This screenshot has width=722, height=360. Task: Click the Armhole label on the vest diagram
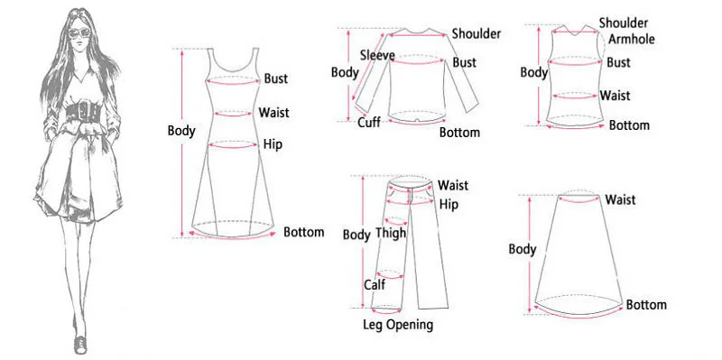coord(632,40)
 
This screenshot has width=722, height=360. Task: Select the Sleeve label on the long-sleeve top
coord(376,54)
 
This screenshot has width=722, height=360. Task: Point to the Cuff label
coord(368,123)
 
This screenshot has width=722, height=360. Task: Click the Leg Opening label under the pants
coord(398,324)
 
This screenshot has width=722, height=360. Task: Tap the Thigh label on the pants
coord(391,233)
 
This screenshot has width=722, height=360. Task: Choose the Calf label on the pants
coord(375,285)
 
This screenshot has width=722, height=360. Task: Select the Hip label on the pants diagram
coord(449,205)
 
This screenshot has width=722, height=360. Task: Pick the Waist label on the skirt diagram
coord(623,199)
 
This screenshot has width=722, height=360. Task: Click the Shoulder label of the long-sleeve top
coord(477,33)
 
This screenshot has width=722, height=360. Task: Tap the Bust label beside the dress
coord(276,78)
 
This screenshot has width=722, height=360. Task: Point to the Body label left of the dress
coord(181,131)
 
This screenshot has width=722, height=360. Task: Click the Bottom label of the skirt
coord(646,305)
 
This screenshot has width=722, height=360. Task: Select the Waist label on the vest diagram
coord(616,95)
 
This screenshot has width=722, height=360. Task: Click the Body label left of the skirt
coord(523,249)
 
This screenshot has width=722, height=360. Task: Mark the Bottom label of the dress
coord(303,232)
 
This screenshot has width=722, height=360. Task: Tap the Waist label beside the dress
coord(273,113)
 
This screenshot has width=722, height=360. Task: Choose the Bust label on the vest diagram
coord(618,62)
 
